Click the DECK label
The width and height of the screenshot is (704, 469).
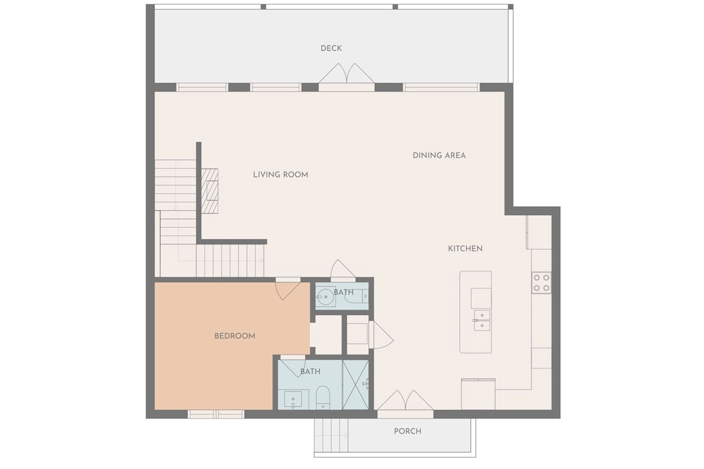click(x=331, y=48)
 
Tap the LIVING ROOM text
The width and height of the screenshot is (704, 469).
click(x=280, y=175)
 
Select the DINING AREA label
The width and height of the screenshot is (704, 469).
click(x=439, y=155)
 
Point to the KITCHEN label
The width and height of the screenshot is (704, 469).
click(x=465, y=249)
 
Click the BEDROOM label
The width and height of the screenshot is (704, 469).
click(x=235, y=336)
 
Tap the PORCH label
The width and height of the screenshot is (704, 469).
click(x=407, y=431)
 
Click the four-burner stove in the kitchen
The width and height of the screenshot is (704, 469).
click(x=541, y=283)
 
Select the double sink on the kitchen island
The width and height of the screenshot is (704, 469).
click(x=481, y=319)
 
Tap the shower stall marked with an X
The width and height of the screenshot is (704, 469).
click(x=356, y=385)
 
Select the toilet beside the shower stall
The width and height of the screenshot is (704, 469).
click(x=323, y=397)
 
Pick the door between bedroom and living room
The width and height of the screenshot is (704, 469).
click(x=287, y=288)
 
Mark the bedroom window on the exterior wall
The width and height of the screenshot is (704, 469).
click(x=215, y=414)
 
